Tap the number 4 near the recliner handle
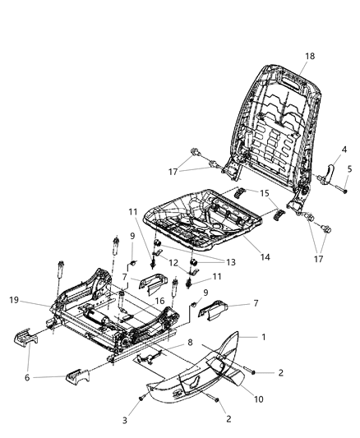click(344, 149)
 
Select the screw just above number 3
click(142, 397)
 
